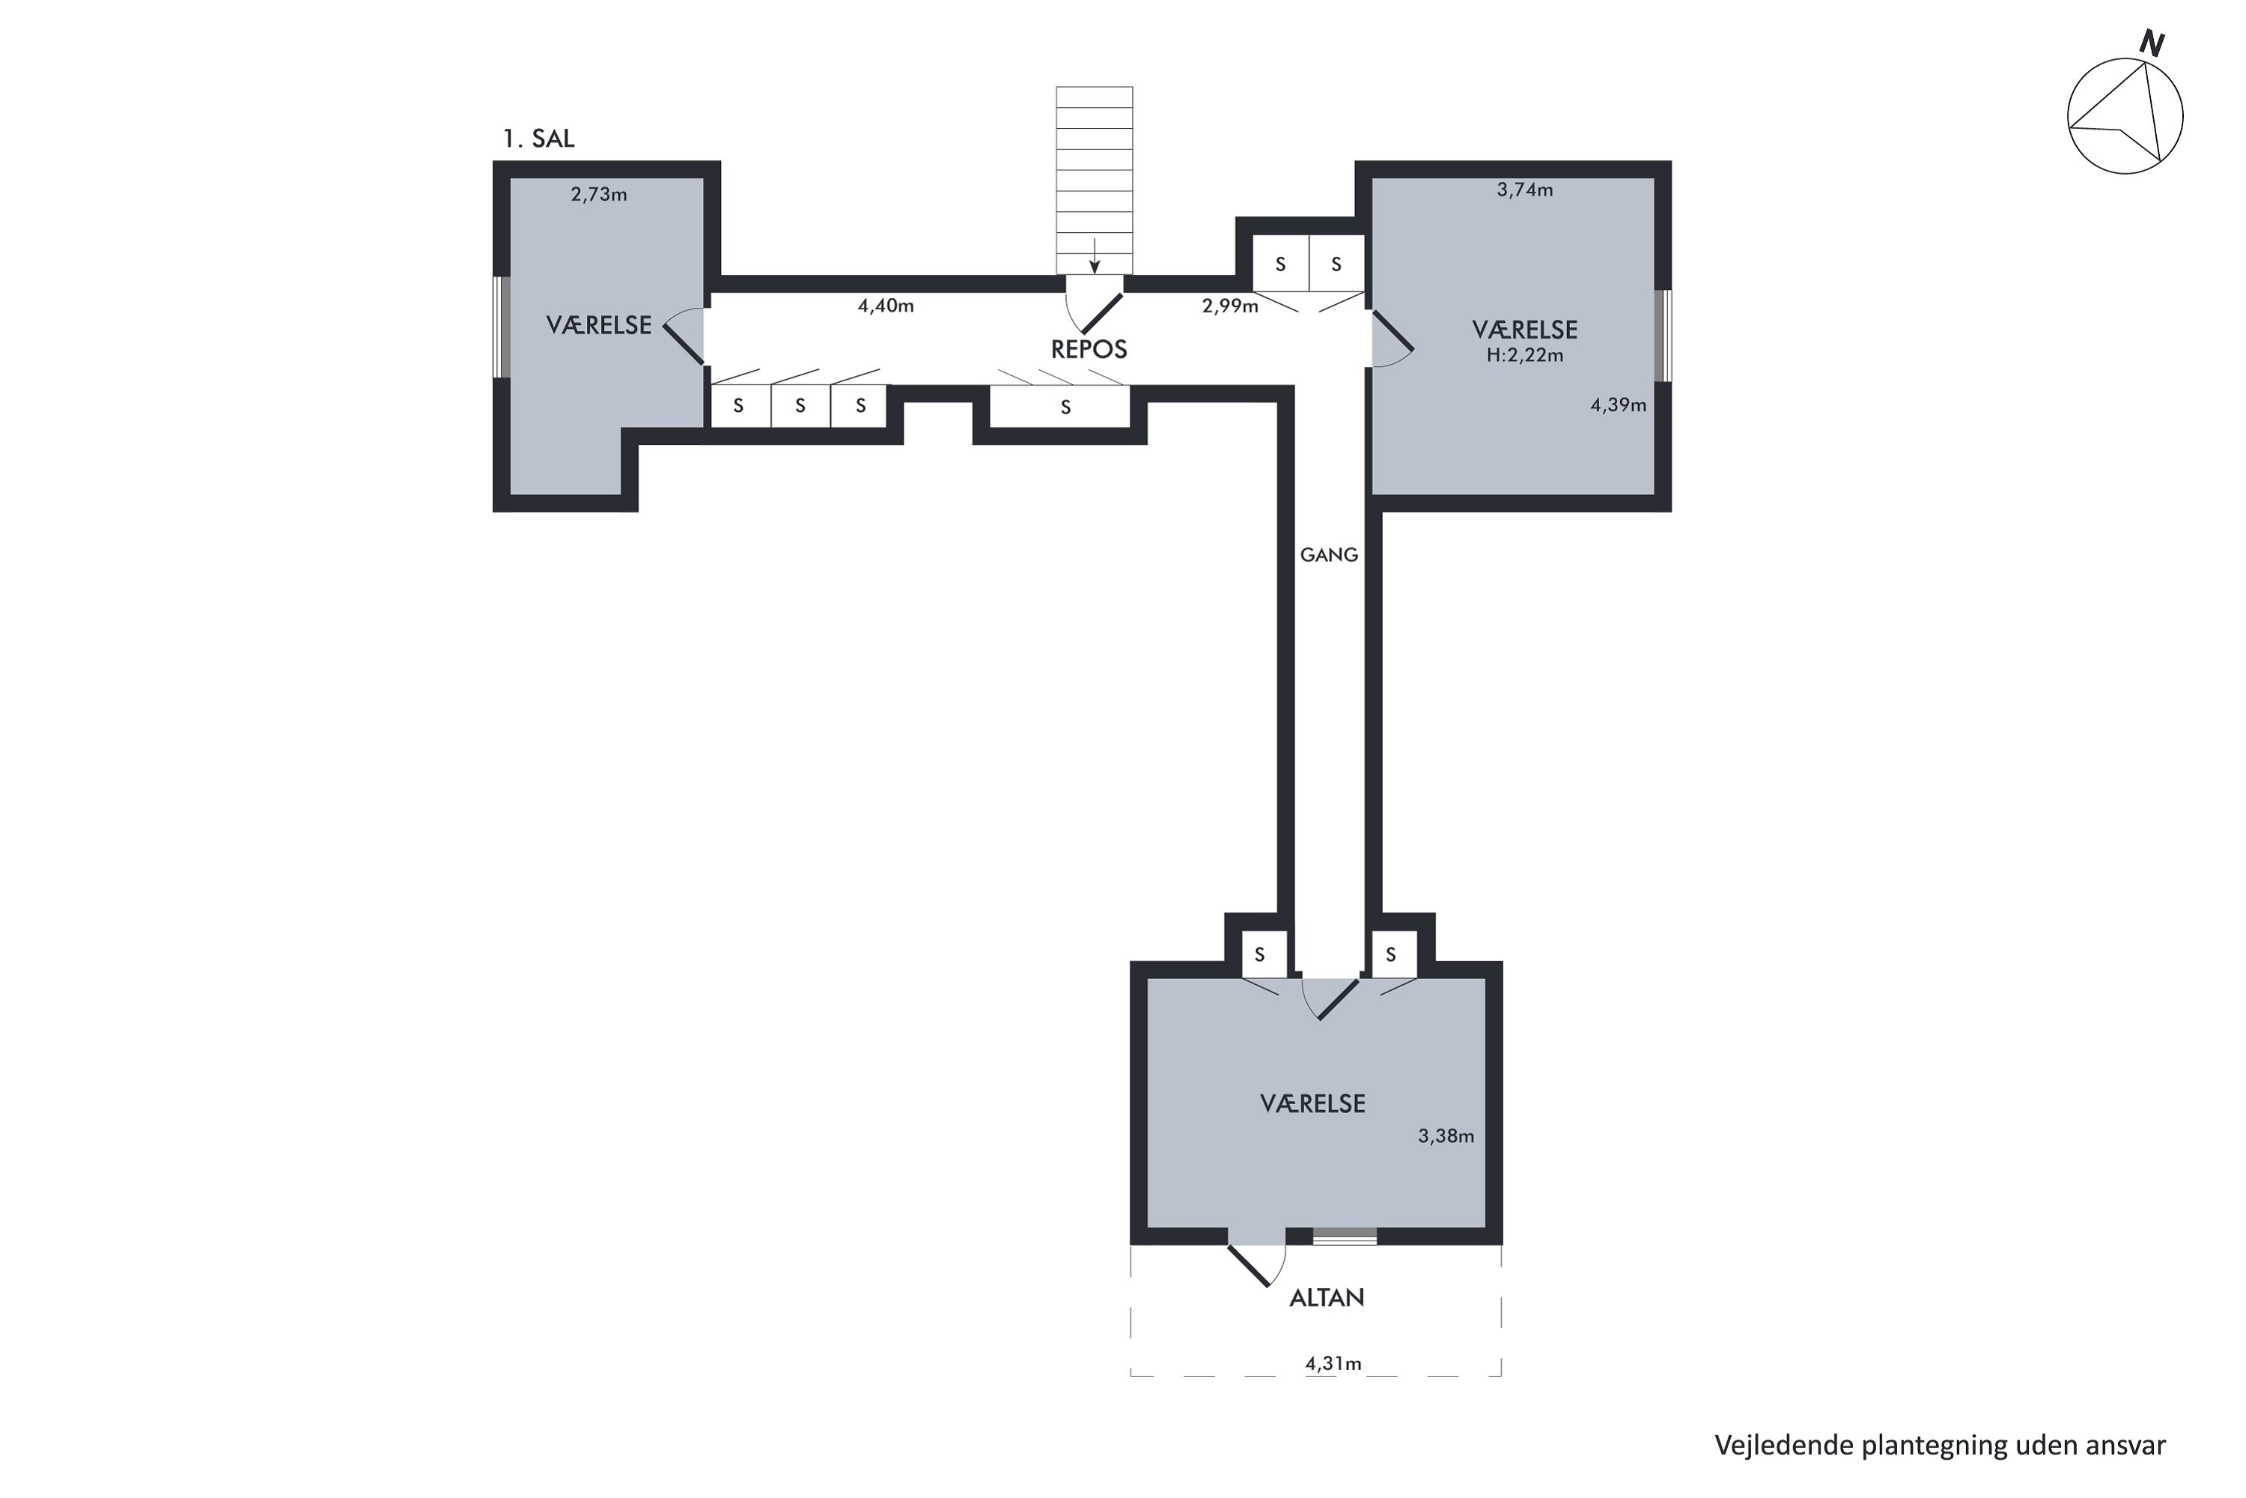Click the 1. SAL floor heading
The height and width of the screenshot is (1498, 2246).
[x=538, y=139]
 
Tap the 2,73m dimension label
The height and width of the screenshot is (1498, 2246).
[x=599, y=195]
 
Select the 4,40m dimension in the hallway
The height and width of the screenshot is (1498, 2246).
[x=885, y=306]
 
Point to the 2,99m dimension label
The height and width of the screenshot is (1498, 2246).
[x=1230, y=306]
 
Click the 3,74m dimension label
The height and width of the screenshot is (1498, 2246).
[x=1525, y=190]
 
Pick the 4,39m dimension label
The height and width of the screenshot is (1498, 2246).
[x=1619, y=405]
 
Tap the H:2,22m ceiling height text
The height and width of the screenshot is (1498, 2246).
[x=1525, y=355]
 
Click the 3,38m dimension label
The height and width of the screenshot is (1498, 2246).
[x=1446, y=1136]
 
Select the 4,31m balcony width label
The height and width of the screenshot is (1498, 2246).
[x=1333, y=1364]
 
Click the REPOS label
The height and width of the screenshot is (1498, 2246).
[x=1089, y=350]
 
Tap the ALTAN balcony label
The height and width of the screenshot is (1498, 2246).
[x=1327, y=1298]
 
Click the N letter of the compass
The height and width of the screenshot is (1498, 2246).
[x=2152, y=43]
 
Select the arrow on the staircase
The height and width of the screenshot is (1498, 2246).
[x=1095, y=256]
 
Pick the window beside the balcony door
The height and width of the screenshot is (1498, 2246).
[x=1345, y=1237]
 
